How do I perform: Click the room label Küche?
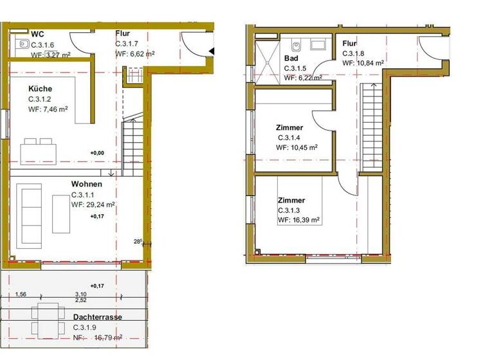tap(40, 89)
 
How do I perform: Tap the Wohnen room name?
tap(87, 183)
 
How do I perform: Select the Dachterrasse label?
tap(97, 317)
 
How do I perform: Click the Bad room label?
tap(291, 58)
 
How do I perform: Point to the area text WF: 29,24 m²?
tap(93, 205)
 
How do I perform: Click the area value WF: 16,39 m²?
tap(298, 220)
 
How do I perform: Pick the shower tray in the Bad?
tap(268, 61)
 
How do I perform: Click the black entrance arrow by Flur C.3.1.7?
tap(211, 52)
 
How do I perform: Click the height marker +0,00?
tap(97, 153)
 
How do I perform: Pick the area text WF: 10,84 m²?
tap(363, 63)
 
